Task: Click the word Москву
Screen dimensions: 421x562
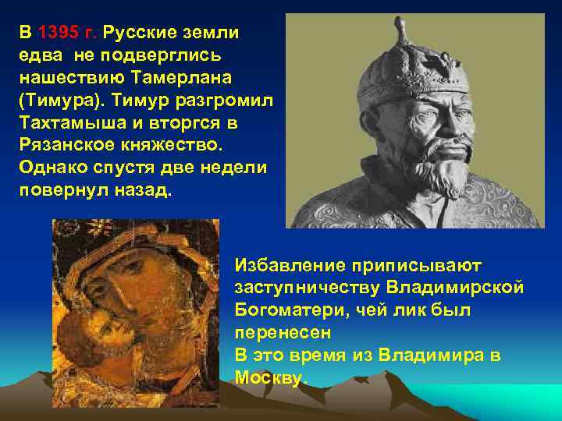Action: (x=271, y=377)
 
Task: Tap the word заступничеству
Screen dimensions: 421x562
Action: (x=306, y=288)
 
